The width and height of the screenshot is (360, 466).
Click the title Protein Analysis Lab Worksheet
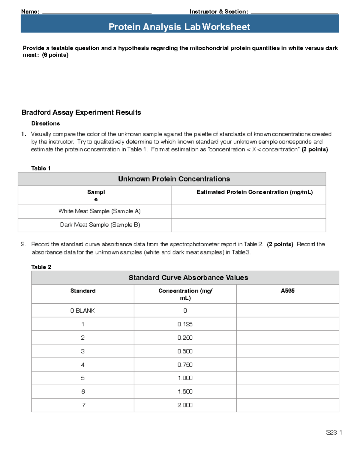click(x=179, y=27)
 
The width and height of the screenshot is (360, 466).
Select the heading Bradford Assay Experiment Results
click(x=81, y=113)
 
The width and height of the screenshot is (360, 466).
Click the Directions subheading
click(x=46, y=124)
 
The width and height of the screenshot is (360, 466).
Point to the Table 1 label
click(x=41, y=168)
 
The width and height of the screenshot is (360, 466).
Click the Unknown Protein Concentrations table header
click(x=174, y=179)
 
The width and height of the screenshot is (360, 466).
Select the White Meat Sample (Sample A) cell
click(x=99, y=211)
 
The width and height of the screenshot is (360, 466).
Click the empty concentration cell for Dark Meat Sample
click(x=249, y=225)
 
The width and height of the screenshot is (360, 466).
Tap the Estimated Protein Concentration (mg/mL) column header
click(x=254, y=192)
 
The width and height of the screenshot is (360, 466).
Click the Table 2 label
click(x=41, y=267)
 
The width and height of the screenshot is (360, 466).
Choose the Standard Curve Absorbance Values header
click(x=188, y=278)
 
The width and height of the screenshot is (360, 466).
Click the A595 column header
click(x=287, y=291)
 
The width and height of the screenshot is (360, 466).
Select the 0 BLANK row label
click(x=82, y=311)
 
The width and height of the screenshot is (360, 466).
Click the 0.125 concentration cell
click(x=185, y=324)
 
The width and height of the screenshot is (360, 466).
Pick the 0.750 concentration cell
click(x=185, y=365)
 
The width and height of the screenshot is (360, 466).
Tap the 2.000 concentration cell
click(x=185, y=405)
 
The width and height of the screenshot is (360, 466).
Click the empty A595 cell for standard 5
click(x=287, y=378)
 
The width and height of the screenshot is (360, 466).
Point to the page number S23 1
click(x=334, y=432)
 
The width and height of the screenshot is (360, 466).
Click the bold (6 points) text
click(x=55, y=55)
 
